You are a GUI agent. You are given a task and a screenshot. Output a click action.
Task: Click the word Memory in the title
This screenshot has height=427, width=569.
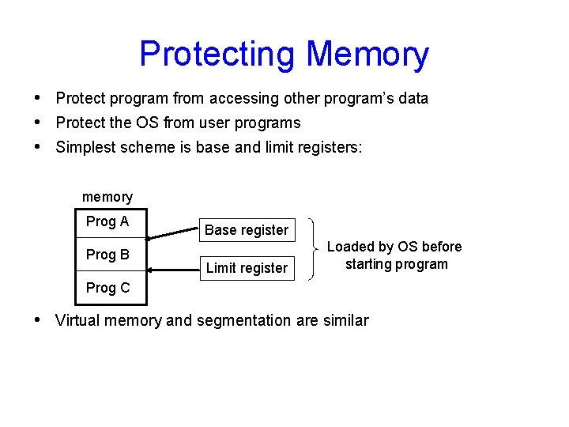[x=367, y=55]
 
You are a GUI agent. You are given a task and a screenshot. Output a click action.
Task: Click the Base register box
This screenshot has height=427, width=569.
[x=247, y=230]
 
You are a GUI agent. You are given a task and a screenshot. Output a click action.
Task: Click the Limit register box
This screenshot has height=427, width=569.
[x=247, y=268]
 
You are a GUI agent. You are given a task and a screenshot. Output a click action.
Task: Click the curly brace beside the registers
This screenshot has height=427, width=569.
[x=319, y=248]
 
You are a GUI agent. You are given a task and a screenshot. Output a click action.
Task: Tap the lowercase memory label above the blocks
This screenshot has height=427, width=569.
[x=107, y=197]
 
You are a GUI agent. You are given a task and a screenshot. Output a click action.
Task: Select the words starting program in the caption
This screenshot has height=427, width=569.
[x=397, y=264]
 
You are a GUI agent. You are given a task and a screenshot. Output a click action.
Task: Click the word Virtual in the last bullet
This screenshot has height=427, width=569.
[x=77, y=321]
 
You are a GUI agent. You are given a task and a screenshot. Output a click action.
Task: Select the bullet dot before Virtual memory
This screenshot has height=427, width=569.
[x=39, y=320]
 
